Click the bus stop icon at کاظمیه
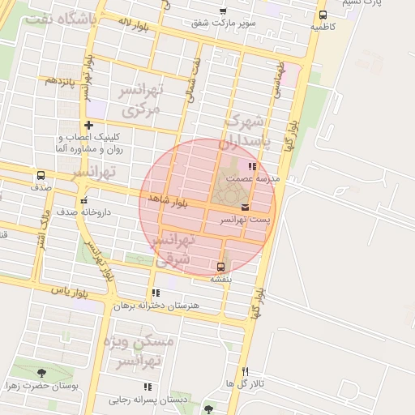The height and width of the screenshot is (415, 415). pyautogui.click(x=323, y=15)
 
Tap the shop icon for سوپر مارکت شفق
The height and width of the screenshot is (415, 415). pyautogui.click(x=223, y=11)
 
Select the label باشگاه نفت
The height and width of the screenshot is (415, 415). pyautogui.click(x=60, y=18)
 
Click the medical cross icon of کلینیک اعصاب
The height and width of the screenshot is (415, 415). pyautogui.click(x=89, y=125)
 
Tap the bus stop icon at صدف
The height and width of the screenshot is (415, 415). pyautogui.click(x=41, y=176)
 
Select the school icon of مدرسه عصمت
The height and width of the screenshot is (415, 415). pyautogui.click(x=251, y=165)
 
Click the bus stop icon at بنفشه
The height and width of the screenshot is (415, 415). pyautogui.click(x=220, y=266)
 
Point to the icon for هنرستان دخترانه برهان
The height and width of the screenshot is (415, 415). pyautogui.click(x=156, y=293)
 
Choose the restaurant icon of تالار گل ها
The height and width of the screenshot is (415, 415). pyautogui.click(x=246, y=370)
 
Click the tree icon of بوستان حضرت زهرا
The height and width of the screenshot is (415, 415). pyautogui.click(x=41, y=374)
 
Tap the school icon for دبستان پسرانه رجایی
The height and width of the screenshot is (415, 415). pyautogui.click(x=148, y=387)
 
